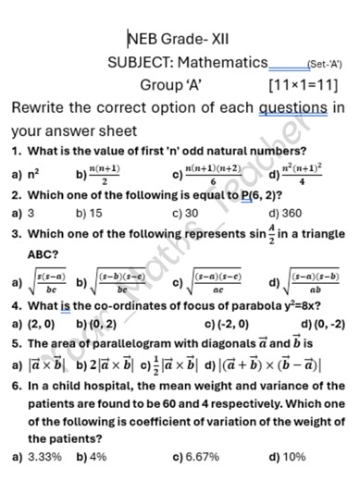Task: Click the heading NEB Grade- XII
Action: pos(178,39)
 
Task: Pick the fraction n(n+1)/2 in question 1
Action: pos(105,172)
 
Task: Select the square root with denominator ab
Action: pos(315,282)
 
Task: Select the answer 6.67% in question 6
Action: pos(200,456)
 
